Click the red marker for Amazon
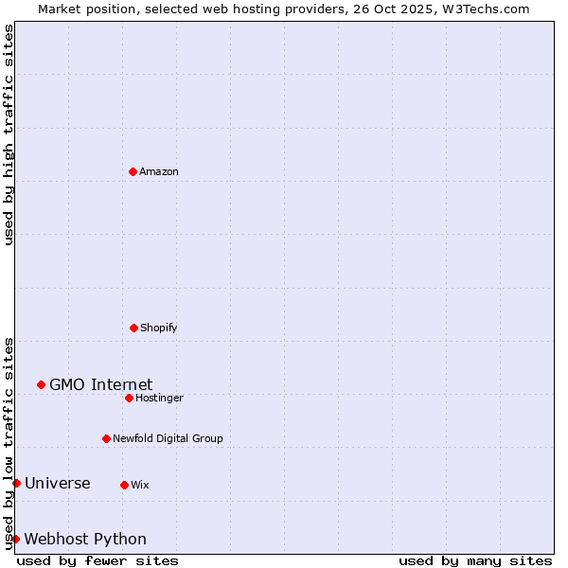coord(133,171)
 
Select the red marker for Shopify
coord(133,328)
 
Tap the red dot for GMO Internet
coord(41,384)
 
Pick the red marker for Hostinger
coord(129,398)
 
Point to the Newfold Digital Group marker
coord(106,438)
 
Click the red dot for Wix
coord(124,485)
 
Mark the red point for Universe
coord(16,483)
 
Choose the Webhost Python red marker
coord(15,539)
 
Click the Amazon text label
coord(159,172)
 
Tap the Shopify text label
coord(159,328)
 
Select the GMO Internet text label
coord(100,384)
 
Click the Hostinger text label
coord(159,399)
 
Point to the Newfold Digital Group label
coord(168,439)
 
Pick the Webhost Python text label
coord(85,540)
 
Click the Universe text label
coord(58,484)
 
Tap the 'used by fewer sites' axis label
coord(98,560)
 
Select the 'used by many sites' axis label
coord(475,560)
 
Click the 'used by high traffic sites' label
coord(9,134)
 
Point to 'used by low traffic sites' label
coord(9,443)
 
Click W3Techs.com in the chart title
coord(483,9)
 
